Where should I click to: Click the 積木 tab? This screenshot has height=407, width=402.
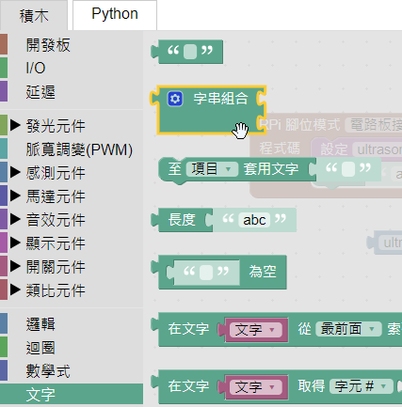[33, 15]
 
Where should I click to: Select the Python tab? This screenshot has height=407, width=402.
[115, 14]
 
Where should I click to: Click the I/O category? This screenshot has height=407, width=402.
[35, 68]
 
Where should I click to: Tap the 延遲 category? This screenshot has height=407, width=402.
[40, 91]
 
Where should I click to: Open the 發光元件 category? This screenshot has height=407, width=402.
[56, 125]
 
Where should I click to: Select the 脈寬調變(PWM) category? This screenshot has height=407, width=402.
[79, 149]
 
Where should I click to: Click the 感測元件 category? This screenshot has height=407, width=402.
[56, 172]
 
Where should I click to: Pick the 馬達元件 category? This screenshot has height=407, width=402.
[56, 196]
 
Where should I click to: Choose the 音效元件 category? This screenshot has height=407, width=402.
[56, 219]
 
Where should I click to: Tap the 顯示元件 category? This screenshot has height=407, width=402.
[56, 243]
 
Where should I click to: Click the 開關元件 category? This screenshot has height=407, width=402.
[56, 266]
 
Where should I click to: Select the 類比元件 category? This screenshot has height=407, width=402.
[56, 290]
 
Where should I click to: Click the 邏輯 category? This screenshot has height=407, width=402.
[40, 323]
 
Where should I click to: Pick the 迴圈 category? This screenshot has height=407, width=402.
[40, 347]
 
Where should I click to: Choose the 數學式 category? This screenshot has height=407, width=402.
[47, 370]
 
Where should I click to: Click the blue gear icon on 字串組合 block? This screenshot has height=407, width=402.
[174, 99]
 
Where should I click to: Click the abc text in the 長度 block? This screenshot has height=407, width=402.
[255, 220]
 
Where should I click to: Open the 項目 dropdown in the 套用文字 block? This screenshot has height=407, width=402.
[212, 169]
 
